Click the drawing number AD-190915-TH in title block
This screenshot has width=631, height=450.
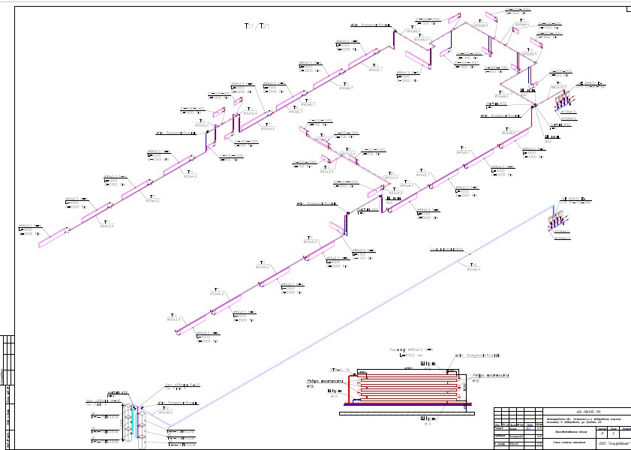(x=586, y=411)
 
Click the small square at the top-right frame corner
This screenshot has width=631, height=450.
(x=627, y=9)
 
